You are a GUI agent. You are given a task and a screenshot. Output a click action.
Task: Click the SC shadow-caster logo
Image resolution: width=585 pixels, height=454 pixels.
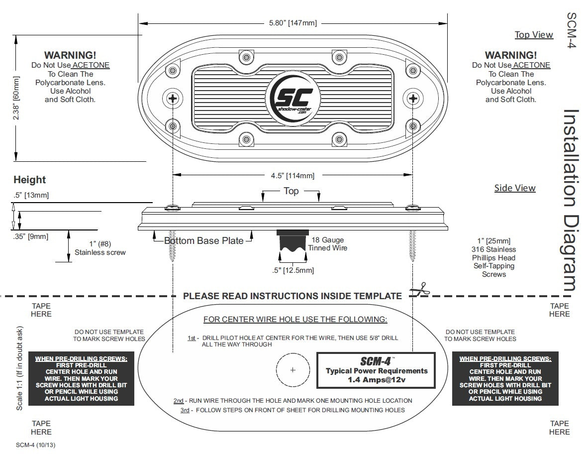[x=292, y=98]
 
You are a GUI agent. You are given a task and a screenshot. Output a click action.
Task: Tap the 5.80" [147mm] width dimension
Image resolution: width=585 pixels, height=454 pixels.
[x=292, y=23]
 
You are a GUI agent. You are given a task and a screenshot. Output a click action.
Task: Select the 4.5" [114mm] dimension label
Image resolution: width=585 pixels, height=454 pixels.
[x=292, y=175]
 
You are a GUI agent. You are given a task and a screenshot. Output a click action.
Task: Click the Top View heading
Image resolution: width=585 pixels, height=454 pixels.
[x=534, y=35]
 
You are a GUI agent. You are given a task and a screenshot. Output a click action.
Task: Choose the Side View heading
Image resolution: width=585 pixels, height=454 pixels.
[x=515, y=188]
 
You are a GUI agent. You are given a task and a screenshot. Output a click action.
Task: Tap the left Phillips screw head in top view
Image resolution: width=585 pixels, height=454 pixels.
[x=173, y=98]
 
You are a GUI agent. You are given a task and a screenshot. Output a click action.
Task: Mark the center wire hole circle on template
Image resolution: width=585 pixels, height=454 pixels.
[x=292, y=370]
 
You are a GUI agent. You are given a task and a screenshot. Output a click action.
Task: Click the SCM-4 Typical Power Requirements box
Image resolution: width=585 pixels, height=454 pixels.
[x=376, y=371]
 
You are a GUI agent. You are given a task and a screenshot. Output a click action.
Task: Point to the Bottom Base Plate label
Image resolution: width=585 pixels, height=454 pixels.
[x=204, y=241]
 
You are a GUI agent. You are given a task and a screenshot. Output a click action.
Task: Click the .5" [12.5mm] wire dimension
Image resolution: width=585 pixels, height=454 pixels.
[x=293, y=270]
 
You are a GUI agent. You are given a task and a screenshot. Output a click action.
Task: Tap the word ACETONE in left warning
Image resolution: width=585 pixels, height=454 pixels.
[x=91, y=65]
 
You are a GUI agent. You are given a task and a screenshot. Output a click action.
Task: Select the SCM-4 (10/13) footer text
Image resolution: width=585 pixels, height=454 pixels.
[x=35, y=445]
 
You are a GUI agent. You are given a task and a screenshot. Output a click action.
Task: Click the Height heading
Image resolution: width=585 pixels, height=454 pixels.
[x=29, y=180]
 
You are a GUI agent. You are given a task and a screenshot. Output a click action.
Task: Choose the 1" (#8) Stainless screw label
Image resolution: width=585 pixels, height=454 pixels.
[x=100, y=248]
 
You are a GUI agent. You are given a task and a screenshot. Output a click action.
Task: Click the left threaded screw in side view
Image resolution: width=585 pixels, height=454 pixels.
[x=173, y=245]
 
